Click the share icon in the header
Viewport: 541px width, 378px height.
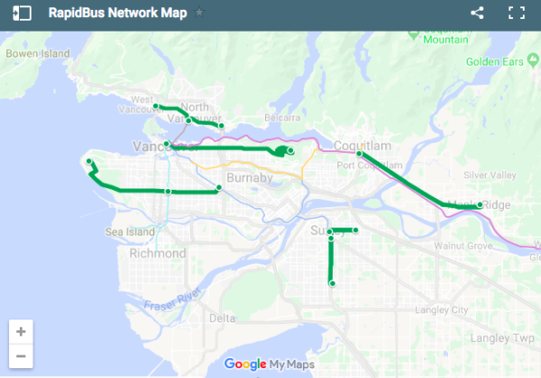click(478, 13)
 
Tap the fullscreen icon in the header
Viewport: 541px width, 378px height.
click(517, 13)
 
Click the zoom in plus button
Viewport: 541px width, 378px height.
click(21, 331)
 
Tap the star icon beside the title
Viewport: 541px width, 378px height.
click(199, 13)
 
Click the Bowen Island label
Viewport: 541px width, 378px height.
click(37, 54)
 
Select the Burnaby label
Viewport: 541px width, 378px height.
click(250, 178)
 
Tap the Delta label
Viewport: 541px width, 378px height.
click(222, 319)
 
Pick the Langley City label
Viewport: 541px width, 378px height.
click(440, 310)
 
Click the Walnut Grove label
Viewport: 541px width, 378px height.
click(461, 245)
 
